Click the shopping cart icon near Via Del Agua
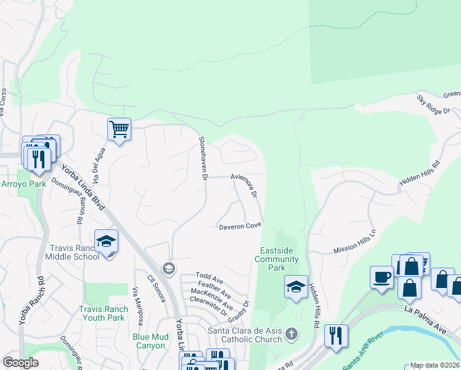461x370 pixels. (119, 129)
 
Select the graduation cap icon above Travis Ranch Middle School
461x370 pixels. (106, 241)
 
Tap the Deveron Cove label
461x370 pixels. (240, 227)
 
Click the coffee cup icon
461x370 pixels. (381, 277)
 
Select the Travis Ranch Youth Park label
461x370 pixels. (102, 313)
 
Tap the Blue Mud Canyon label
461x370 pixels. (149, 341)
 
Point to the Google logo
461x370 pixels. (20, 363)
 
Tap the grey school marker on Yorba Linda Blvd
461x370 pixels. (168, 268)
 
